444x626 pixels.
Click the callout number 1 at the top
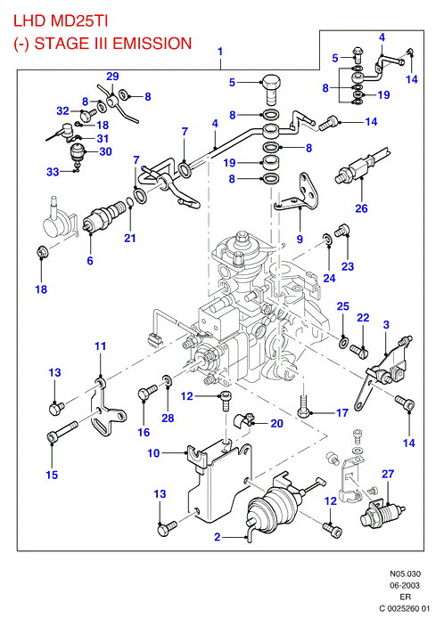pos(220,52)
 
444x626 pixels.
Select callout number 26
pos(361,208)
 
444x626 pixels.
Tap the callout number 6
pos(90,261)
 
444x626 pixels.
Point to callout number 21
pos(130,238)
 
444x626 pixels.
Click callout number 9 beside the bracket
pos(300,240)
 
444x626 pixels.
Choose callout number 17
pos(342,412)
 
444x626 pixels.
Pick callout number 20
pos(277,423)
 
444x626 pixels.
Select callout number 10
pos(153,453)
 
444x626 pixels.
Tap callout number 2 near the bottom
pos(218,537)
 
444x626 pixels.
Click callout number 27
pos(388,474)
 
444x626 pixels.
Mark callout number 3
pos(386,325)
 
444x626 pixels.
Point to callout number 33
pos(53,172)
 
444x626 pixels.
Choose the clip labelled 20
pos(242,420)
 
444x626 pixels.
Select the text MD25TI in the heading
pos(79,20)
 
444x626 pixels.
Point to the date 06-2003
pos(406,585)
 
